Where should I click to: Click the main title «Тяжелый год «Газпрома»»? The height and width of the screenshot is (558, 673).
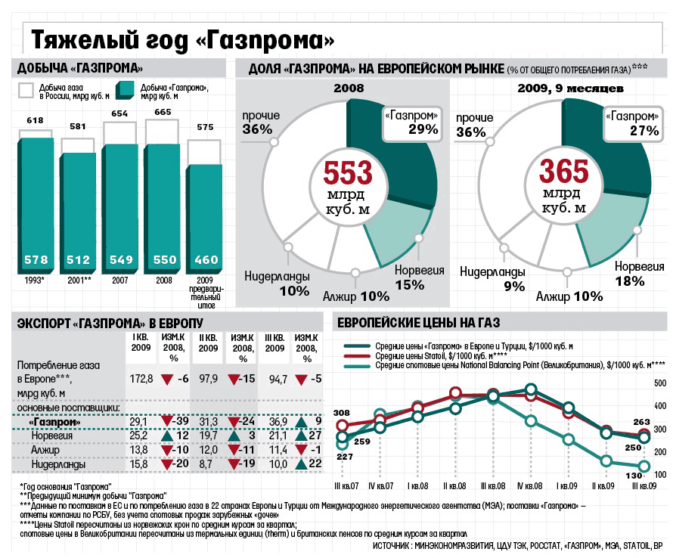tap(181, 38)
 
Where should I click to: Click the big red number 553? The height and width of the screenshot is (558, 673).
tap(347, 173)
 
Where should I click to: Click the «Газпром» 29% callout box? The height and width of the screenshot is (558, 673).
tap(412, 122)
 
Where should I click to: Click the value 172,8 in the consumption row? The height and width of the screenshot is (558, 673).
tap(141, 377)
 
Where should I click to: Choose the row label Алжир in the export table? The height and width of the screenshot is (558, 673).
tap(45, 450)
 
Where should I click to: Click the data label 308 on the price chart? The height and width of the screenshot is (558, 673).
tap(342, 413)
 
